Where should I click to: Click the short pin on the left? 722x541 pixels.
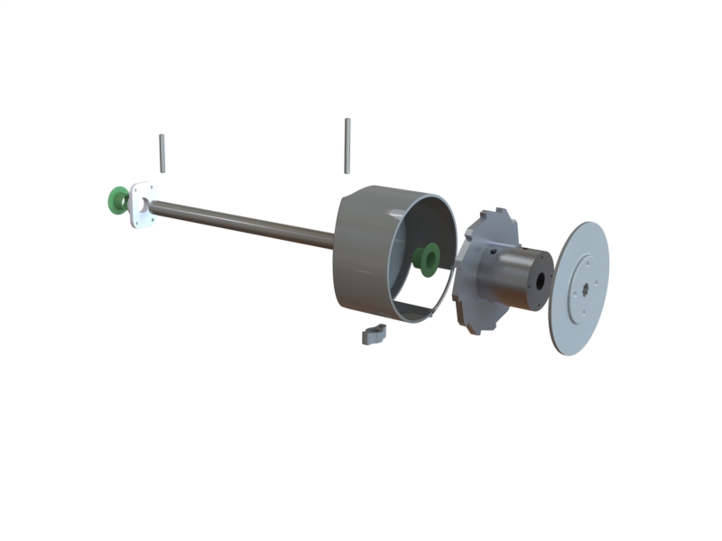tap(162, 152)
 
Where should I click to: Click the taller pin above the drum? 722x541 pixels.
tap(347, 145)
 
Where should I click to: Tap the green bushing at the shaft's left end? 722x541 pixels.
tap(116, 199)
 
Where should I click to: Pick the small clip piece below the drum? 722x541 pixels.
tap(374, 335)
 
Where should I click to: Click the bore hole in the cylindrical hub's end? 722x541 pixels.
tap(541, 280)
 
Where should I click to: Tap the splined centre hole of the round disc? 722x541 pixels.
tap(586, 289)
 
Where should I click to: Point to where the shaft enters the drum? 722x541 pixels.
tap(335, 239)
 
